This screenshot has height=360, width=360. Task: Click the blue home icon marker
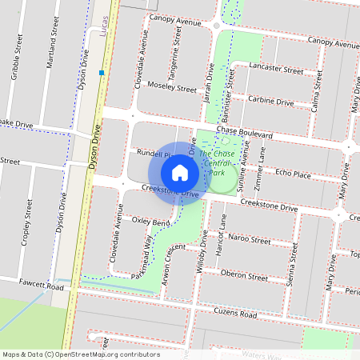tap(180, 173)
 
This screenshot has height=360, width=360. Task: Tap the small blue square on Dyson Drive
tap(102, 73)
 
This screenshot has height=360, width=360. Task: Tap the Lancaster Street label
tap(276, 70)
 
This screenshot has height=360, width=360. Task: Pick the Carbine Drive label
tap(270, 102)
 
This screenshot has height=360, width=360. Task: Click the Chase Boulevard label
tap(245, 134)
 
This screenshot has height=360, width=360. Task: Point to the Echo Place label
tap(292, 173)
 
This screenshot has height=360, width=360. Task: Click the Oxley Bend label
tap(150, 222)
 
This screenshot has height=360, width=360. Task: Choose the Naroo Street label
tap(249, 239)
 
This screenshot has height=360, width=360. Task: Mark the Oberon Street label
tap(243, 277)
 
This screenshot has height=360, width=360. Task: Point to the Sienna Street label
tap(294, 265)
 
